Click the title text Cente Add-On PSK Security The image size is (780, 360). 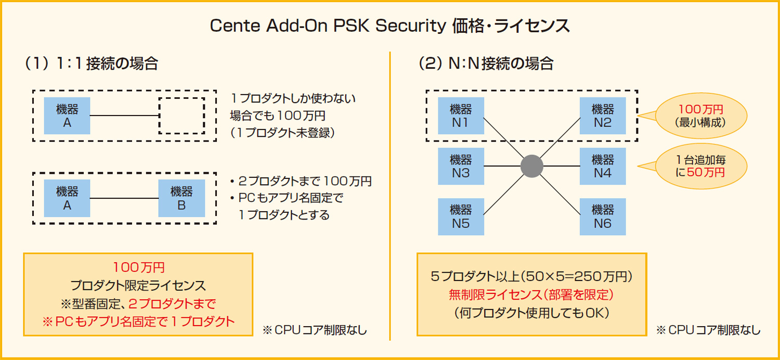click(325, 27)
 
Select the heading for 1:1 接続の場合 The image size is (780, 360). click(92, 63)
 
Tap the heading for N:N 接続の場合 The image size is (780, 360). click(486, 63)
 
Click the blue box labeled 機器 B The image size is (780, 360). click(181, 198)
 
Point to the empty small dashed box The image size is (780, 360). click(181, 115)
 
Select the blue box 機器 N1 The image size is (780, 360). click(461, 116)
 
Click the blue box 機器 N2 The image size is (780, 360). click(603, 116)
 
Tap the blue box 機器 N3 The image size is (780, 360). click(461, 166)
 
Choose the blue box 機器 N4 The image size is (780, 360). click(603, 166)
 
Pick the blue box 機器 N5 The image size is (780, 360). click(461, 216)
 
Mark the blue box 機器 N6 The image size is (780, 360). click(603, 216)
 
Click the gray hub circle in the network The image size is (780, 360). click(532, 166)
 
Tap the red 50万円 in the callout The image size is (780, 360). click(705, 172)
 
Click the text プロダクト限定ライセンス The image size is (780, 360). click(138, 285)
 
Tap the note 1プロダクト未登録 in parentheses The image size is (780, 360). click(283, 132)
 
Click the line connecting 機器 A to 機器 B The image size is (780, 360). click(124, 198)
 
